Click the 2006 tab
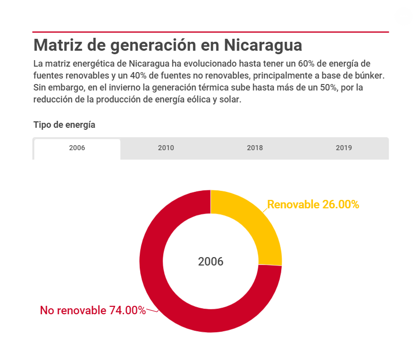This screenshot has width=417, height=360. [x=77, y=148]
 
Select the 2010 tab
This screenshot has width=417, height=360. [x=166, y=148]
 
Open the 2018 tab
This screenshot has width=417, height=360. [x=255, y=148]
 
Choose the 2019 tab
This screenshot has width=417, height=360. [x=343, y=148]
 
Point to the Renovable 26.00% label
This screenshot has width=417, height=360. [x=313, y=204]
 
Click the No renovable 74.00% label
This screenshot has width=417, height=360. [x=93, y=310]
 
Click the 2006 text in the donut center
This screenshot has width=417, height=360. [x=210, y=262]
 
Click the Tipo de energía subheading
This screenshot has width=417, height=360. [x=64, y=125]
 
